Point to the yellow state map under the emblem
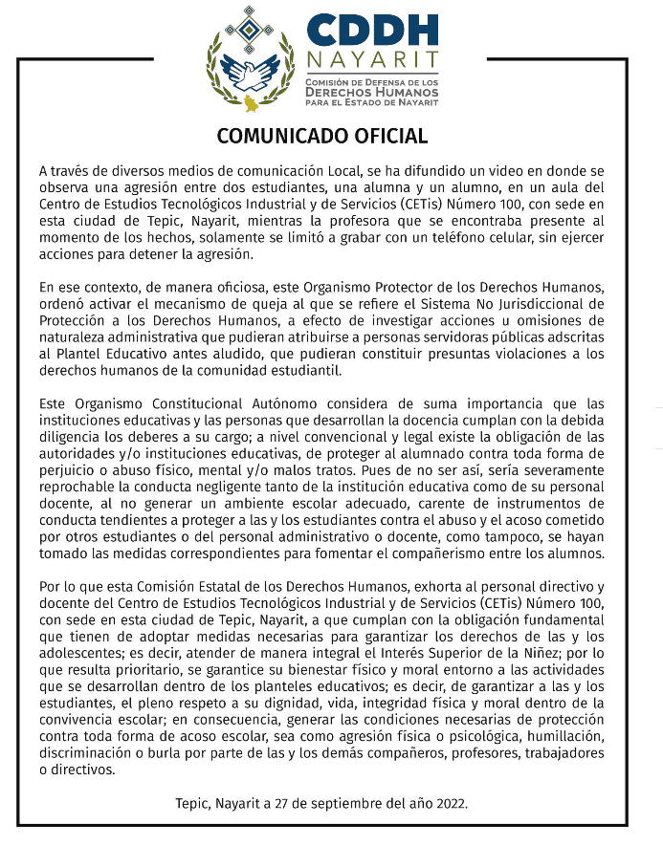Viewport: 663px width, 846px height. coord(252,102)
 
